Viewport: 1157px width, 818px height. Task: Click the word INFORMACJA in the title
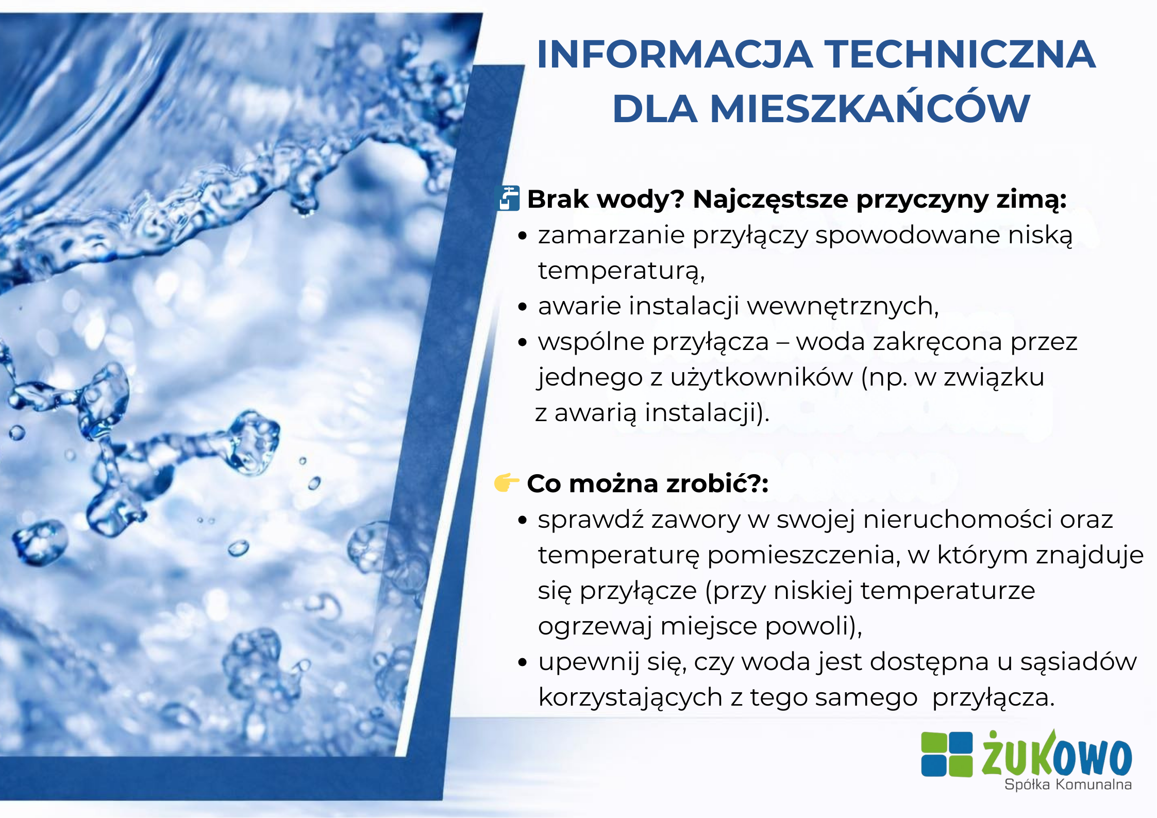675,54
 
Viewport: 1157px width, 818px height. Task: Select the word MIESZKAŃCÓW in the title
870,109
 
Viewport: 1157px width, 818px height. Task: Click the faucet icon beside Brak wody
508,198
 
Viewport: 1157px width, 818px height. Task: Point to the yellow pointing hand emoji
507,482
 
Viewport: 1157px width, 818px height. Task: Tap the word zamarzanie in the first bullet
611,235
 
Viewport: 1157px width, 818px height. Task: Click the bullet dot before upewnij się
523,662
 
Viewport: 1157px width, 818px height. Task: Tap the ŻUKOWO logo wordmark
1057,754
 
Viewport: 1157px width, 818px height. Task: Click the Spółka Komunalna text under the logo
1068,784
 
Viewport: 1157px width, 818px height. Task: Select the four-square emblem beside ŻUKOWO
947,754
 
